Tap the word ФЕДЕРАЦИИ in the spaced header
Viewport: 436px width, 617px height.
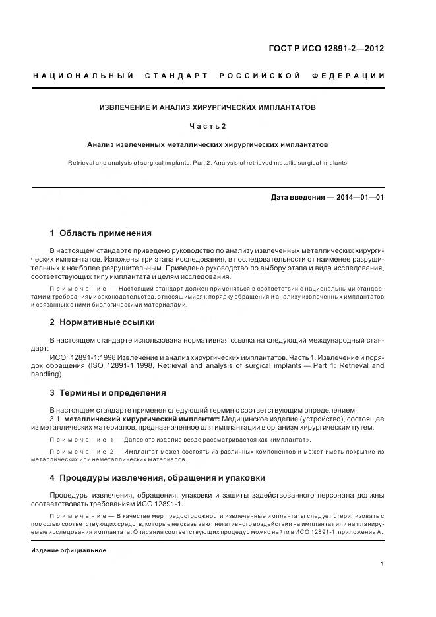(354, 76)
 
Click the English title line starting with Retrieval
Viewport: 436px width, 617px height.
(208, 162)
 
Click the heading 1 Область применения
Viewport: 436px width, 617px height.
(101, 233)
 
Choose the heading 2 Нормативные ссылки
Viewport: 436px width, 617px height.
(102, 322)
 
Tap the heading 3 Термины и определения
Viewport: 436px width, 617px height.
(108, 393)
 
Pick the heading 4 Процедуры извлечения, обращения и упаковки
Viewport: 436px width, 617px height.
(158, 477)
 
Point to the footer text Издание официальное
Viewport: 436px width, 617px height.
(69, 550)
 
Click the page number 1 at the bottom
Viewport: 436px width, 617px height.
(383, 564)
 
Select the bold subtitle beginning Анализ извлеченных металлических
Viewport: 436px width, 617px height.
(208, 144)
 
